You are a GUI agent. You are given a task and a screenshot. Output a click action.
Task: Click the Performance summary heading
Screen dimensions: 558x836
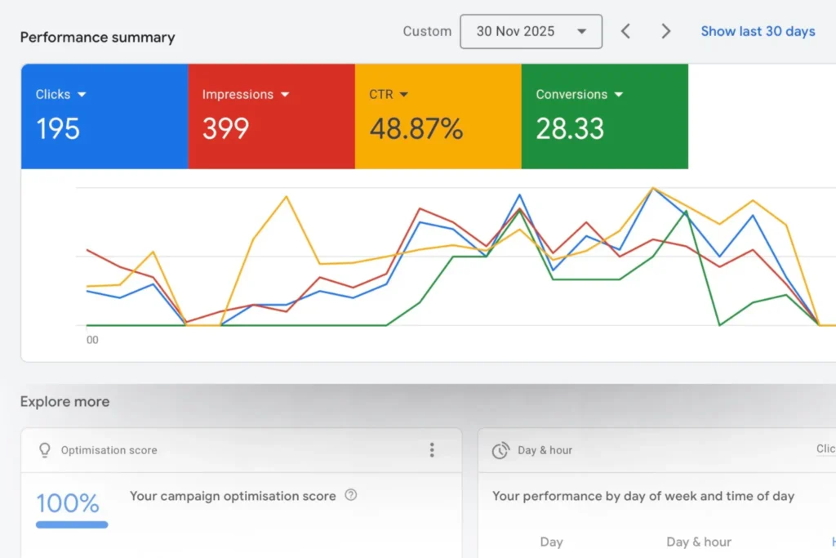(97, 38)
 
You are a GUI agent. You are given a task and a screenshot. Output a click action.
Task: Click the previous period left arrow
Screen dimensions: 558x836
(625, 32)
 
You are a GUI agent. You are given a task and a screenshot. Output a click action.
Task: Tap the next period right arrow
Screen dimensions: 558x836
(666, 32)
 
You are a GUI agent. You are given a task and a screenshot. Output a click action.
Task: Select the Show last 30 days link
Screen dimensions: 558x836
(758, 32)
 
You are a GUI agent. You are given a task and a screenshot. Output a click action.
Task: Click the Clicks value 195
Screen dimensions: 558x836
(58, 128)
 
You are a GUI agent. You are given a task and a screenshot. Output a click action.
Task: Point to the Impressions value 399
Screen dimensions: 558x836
(225, 128)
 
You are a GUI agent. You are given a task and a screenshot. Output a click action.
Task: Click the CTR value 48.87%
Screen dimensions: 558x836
(416, 128)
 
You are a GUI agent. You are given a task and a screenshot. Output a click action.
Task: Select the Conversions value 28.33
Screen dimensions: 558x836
(570, 128)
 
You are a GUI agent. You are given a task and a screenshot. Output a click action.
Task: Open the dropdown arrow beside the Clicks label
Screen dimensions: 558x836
(82, 95)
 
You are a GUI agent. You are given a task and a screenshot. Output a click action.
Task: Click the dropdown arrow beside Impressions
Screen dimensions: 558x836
(285, 95)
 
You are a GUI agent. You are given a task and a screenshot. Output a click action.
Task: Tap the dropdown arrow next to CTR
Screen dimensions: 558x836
(404, 95)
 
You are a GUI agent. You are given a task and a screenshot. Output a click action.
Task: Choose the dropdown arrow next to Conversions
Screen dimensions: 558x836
(618, 95)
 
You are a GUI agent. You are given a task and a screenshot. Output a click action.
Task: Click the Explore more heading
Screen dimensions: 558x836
(64, 402)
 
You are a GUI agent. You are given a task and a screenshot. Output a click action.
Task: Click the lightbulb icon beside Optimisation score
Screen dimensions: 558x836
(45, 450)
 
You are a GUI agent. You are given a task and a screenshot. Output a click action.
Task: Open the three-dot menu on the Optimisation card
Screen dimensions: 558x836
(432, 450)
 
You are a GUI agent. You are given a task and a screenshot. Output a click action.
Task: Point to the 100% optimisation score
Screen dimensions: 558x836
(68, 502)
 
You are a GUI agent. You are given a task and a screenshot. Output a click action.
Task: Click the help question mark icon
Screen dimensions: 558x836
(351, 495)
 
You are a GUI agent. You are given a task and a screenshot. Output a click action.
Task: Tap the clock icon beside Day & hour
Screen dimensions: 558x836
(500, 451)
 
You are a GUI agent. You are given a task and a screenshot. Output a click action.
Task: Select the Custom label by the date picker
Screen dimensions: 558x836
(427, 32)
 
